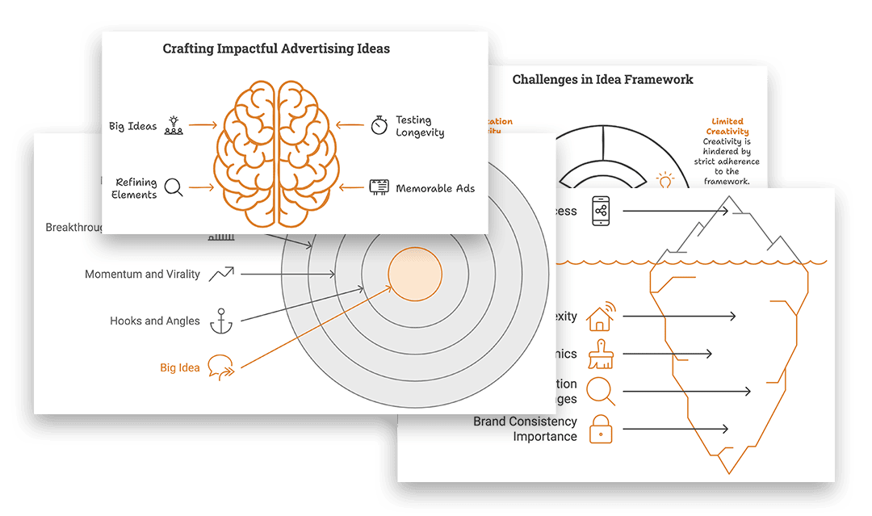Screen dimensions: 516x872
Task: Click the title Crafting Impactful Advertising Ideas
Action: [x=276, y=49]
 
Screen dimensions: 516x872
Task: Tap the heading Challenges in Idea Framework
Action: [x=602, y=79]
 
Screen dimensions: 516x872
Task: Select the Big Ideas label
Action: [x=133, y=126]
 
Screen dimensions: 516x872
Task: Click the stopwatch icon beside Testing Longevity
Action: [x=379, y=125]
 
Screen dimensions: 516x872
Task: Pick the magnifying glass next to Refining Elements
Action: [x=174, y=187]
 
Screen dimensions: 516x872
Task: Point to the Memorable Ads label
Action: [x=435, y=188]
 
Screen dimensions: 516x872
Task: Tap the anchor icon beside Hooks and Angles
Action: [x=220, y=321]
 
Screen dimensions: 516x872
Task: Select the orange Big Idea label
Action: [x=179, y=368]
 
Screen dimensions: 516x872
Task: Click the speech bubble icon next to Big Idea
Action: [x=220, y=367]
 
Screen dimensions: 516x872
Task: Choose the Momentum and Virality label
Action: [x=142, y=275]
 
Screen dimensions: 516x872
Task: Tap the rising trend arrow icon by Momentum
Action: [x=220, y=275]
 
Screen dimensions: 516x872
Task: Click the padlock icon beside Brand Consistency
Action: [x=600, y=429]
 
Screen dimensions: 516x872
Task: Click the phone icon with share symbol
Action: [x=601, y=211]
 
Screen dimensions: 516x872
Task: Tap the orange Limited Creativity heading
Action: [x=727, y=127]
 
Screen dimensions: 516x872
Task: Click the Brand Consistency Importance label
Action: [x=525, y=429]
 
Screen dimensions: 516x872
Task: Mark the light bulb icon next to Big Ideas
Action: [x=174, y=125]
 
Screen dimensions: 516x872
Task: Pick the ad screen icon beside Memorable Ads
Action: [x=379, y=187]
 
